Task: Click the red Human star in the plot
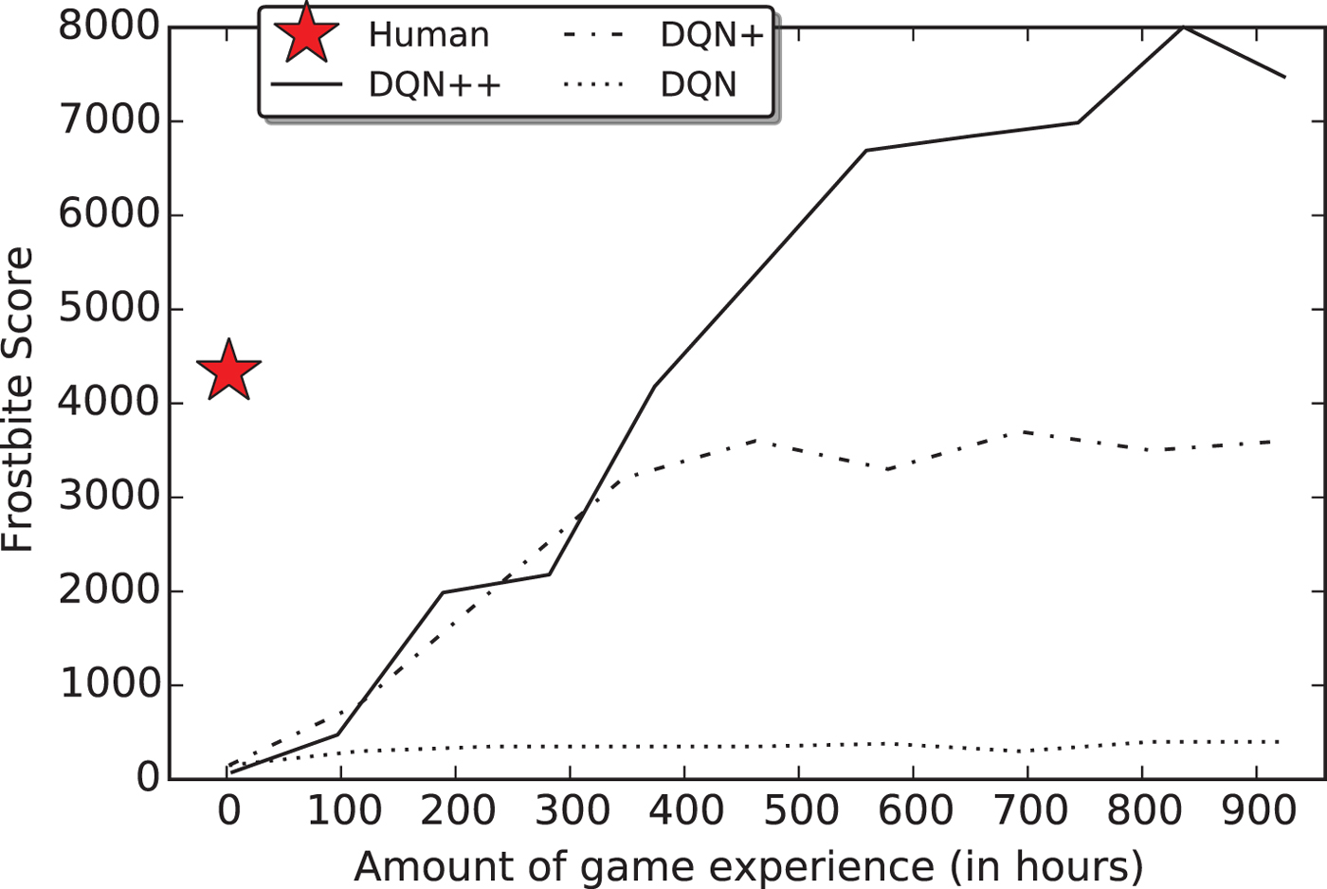pyautogui.click(x=228, y=371)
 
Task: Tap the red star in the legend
pyautogui.click(x=305, y=33)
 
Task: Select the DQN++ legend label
pyautogui.click(x=434, y=85)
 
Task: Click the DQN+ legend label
pyautogui.click(x=712, y=35)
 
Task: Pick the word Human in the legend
pyautogui.click(x=428, y=35)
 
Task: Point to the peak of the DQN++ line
pyautogui.click(x=1183, y=27)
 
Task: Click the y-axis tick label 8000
pyautogui.click(x=107, y=27)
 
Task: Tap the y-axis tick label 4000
pyautogui.click(x=107, y=403)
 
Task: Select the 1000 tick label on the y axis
pyautogui.click(x=107, y=684)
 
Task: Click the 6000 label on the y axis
pyautogui.click(x=107, y=214)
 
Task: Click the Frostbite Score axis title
pyautogui.click(x=18, y=400)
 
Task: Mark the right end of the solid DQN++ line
pyautogui.click(x=1284, y=77)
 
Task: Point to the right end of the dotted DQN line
pyautogui.click(x=1280, y=741)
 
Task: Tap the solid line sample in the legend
pyautogui.click(x=306, y=85)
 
